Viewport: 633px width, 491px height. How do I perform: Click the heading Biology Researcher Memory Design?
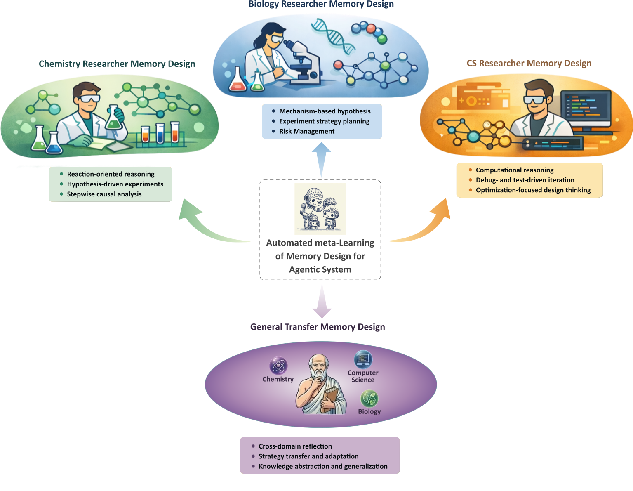[321, 5]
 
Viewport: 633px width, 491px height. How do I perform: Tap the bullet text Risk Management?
[307, 131]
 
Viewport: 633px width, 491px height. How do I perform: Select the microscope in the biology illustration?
[303, 62]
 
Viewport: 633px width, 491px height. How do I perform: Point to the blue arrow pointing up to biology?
[321, 159]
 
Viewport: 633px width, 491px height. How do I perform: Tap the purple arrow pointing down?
[322, 301]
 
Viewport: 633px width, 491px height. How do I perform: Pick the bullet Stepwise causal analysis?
[104, 194]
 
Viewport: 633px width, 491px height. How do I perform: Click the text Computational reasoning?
[514, 170]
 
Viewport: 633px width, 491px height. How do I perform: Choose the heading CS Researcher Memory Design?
[529, 64]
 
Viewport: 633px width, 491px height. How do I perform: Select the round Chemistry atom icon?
[278, 366]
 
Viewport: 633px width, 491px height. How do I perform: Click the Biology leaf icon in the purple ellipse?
[369, 399]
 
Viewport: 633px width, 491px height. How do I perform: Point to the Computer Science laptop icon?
[363, 359]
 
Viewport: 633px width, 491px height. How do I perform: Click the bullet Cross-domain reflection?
[295, 446]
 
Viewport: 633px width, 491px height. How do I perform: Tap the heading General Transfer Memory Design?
[317, 327]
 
